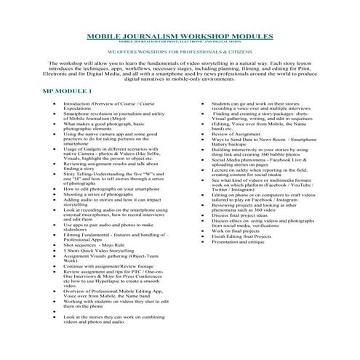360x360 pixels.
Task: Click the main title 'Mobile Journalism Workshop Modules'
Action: pyautogui.click(x=180, y=35)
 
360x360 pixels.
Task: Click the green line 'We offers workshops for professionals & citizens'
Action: pyautogui.click(x=180, y=53)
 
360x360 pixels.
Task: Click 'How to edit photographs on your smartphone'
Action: pyautogui.click(x=109, y=189)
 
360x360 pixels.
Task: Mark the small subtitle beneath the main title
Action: pyautogui.click(x=180, y=41)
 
